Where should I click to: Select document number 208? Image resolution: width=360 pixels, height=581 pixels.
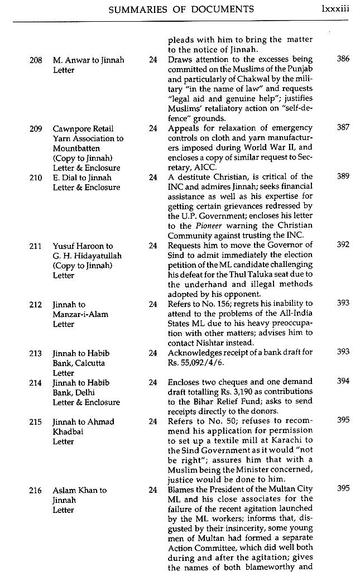click(35, 60)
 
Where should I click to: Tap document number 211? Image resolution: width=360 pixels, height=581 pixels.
click(35, 245)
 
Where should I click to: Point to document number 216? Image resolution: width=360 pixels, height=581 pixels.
click(35, 490)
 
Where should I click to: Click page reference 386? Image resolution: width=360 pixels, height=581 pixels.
click(343, 59)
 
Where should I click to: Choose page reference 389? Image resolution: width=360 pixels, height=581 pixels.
click(343, 176)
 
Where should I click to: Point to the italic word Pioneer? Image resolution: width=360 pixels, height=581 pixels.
click(207, 225)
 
